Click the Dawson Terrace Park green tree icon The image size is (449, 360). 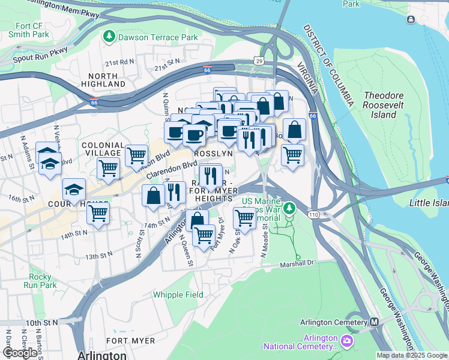click(x=109, y=37)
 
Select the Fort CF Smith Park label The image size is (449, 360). click(x=28, y=30)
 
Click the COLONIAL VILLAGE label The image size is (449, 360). click(x=103, y=149)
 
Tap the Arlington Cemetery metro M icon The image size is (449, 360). click(x=374, y=322)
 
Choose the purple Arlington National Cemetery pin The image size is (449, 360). click(x=346, y=341)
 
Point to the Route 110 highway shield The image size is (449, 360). click(x=314, y=214)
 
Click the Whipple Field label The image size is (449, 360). click(x=178, y=295)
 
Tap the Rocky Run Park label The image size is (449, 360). click(x=41, y=281)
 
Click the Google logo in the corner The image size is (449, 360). click(x=20, y=353)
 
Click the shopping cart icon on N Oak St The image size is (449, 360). click(x=244, y=218)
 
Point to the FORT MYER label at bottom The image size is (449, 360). click(x=130, y=340)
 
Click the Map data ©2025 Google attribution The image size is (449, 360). click(x=412, y=355)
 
